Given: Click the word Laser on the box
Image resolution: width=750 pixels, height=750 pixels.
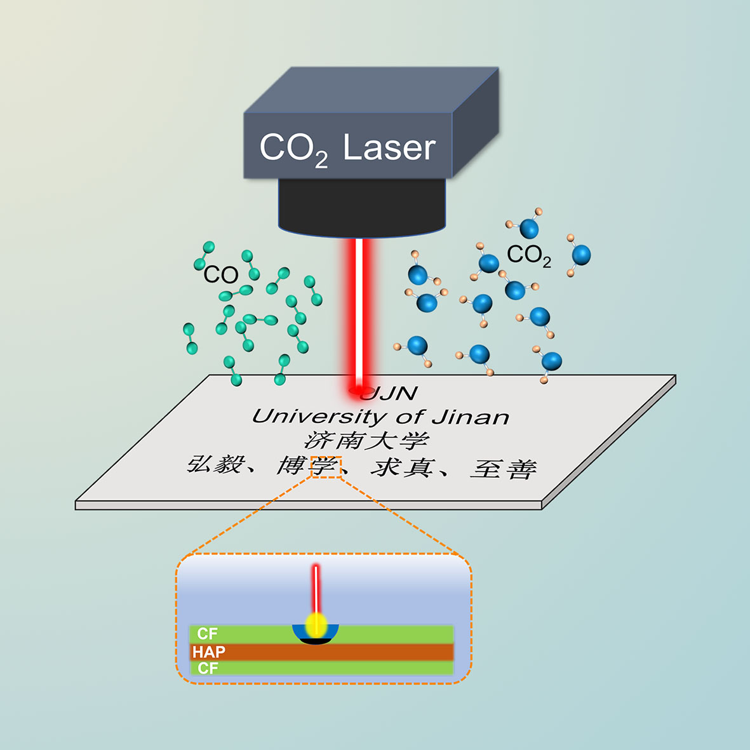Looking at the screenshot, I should coord(389,148).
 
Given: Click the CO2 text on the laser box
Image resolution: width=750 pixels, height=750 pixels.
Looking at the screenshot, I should coord(293,150).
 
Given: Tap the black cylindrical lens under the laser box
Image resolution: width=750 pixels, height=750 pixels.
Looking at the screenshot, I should coord(361,206).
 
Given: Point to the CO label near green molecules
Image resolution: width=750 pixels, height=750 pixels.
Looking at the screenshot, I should coord(220,275).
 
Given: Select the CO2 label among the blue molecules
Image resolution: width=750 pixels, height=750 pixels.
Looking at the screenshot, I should coord(528,255).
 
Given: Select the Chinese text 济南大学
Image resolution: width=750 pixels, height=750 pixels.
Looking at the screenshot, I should coord(367,440).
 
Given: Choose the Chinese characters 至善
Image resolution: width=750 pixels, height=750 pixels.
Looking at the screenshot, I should coord(504,469).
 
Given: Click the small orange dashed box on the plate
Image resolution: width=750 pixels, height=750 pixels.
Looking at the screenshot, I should coord(326,467).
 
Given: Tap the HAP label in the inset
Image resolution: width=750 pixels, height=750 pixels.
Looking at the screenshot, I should coord(208,652).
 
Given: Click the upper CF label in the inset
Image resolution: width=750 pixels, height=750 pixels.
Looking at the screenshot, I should coord(207,633).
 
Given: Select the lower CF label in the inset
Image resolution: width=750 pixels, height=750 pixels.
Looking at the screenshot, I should coord(208,667).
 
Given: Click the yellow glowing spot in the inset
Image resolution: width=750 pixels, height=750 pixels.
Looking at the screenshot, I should coord(316,625).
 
